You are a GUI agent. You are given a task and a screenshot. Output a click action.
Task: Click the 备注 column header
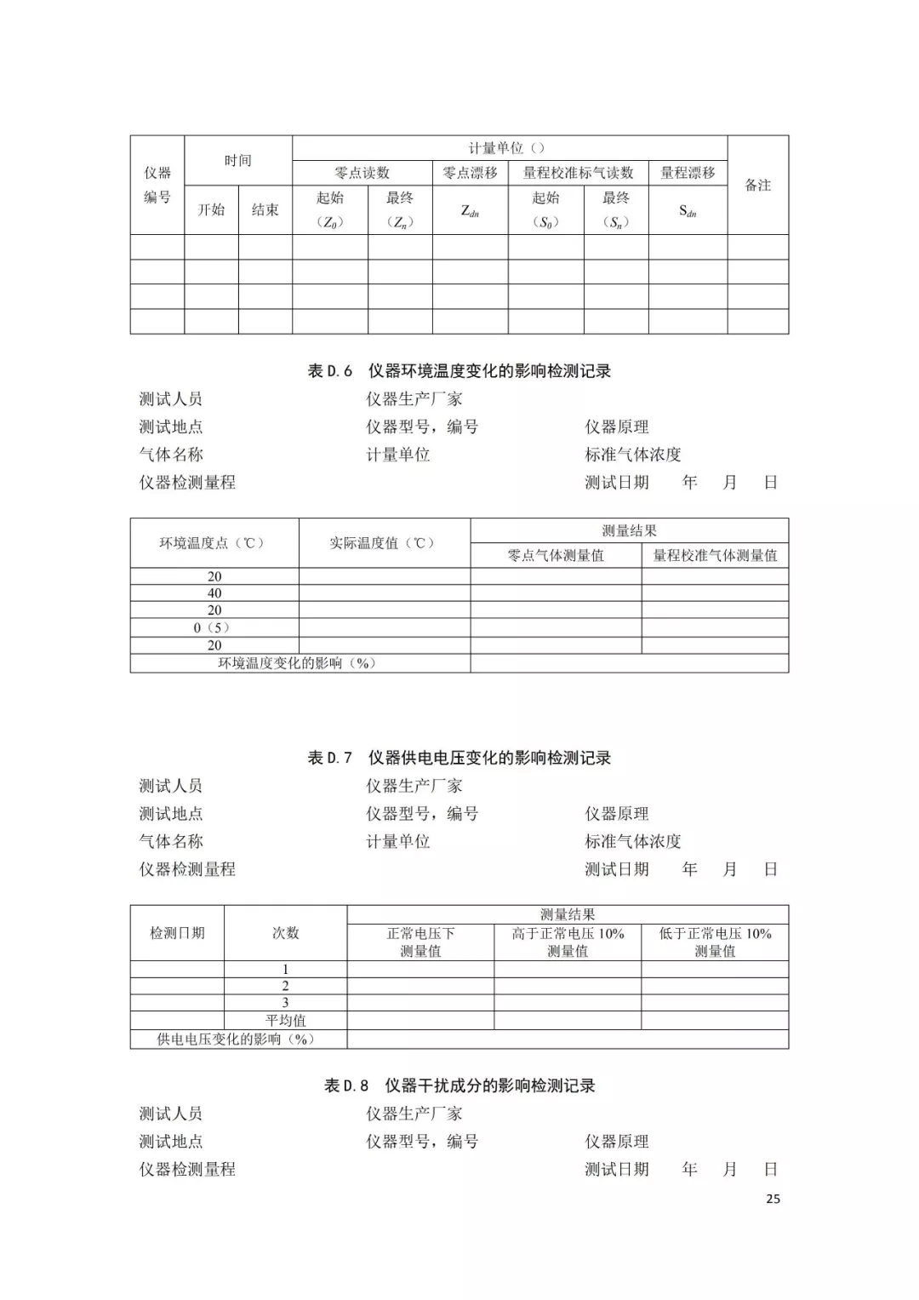[757, 185]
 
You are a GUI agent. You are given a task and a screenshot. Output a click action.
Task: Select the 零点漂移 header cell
[470, 173]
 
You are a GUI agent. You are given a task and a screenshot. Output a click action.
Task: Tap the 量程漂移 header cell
[688, 173]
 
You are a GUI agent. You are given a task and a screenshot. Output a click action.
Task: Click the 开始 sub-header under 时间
[211, 209]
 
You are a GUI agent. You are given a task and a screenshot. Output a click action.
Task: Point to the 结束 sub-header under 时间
[265, 209]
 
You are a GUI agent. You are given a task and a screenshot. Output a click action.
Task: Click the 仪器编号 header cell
[157, 185]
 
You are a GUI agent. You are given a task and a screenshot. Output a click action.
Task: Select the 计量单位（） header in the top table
[509, 148]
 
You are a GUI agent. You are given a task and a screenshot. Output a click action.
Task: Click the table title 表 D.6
[459, 371]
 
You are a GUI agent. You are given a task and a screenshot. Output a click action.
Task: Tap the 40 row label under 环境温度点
[214, 593]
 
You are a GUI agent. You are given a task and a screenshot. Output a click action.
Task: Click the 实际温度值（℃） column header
[384, 543]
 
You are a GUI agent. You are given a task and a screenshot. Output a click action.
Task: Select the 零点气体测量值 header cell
[556, 556]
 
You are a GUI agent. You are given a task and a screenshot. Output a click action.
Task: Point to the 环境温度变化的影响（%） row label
[297, 663]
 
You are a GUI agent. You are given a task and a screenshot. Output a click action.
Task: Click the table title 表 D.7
[459, 758]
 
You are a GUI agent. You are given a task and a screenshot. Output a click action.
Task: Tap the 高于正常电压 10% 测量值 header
[568, 942]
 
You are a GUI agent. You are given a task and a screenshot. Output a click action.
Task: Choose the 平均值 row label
[286, 1021]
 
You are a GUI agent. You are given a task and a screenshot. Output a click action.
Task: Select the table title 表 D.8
[459, 1085]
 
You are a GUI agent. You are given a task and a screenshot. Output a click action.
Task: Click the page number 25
[773, 1199]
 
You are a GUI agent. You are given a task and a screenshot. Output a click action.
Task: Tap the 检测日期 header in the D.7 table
[177, 933]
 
